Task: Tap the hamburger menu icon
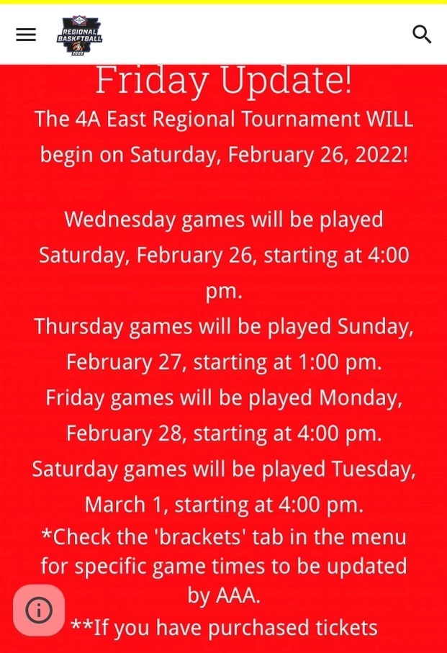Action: [26, 35]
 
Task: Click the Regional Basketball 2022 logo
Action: [79, 35]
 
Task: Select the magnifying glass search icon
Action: [422, 34]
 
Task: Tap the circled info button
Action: [39, 610]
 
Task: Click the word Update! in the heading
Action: [286, 81]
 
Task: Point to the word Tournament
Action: [300, 119]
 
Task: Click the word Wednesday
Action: [120, 220]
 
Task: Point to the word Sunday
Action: [376, 327]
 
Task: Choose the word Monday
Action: [361, 398]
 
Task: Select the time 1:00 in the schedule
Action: [319, 362]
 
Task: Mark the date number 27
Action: [169, 363]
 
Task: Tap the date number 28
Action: [169, 434]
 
